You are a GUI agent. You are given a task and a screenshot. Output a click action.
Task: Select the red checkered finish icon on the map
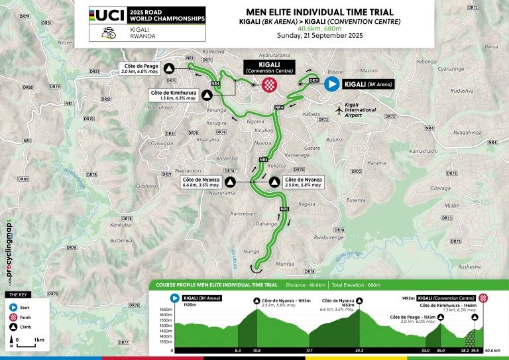pos(270,84)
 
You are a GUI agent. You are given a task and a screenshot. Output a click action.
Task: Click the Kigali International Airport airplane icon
pos(341,110)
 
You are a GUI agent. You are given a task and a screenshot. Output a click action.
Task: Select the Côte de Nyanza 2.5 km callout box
pos(303,181)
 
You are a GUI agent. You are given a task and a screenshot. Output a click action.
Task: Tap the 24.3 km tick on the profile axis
pos(360,350)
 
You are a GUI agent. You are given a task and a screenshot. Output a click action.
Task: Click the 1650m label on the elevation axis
pos(164,310)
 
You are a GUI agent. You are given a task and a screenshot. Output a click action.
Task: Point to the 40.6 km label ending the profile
pos(491,350)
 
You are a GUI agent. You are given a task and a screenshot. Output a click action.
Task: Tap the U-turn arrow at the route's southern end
pos(254,267)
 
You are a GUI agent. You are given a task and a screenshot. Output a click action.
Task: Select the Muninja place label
pos(286,264)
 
